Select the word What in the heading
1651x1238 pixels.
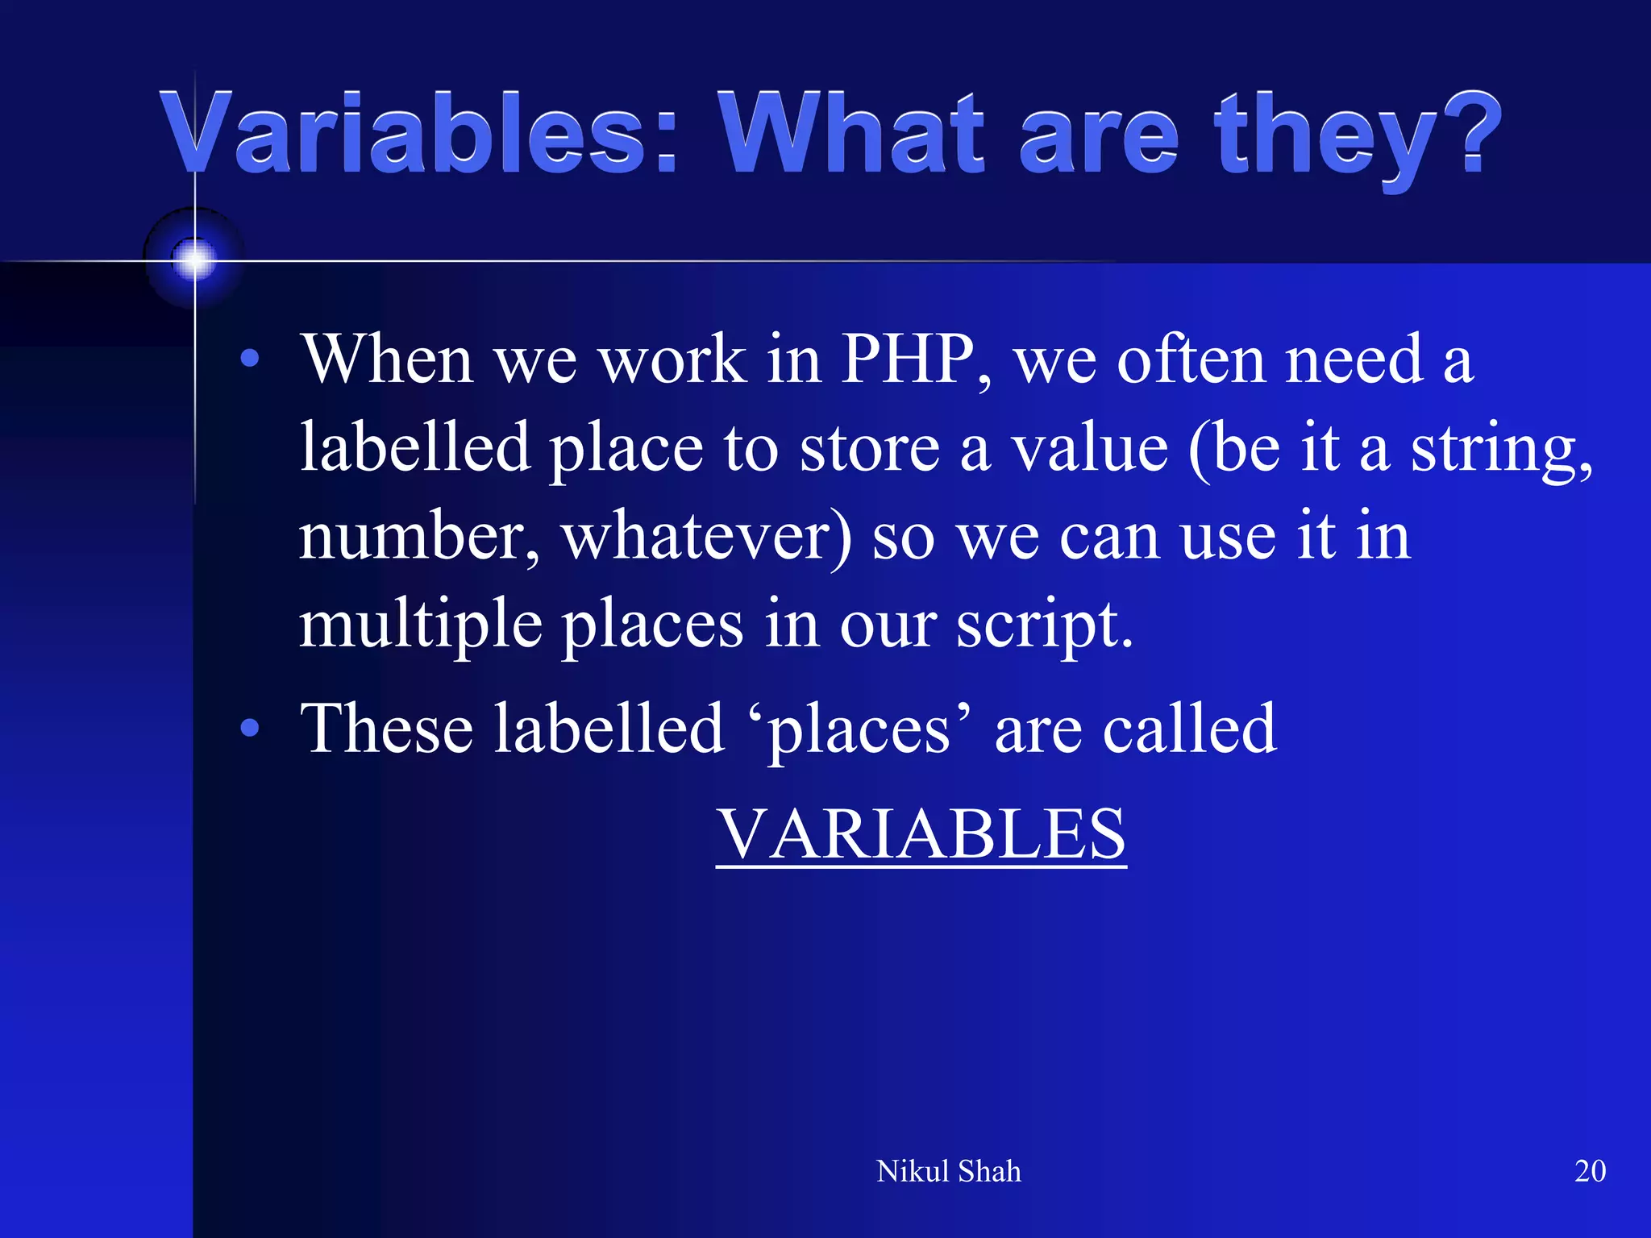coord(851,133)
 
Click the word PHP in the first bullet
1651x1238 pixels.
coord(908,359)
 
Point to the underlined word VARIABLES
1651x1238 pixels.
coord(921,833)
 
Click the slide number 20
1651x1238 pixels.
coord(1590,1171)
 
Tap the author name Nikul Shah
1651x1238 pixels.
coord(948,1171)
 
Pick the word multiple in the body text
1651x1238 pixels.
coord(420,625)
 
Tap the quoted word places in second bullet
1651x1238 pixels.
coord(859,730)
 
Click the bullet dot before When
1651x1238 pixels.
coord(250,358)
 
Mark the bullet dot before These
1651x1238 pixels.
coord(250,728)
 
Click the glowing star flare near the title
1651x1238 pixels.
coord(193,260)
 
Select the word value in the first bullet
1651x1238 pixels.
coord(1089,448)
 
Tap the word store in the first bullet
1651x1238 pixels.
coord(869,448)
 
